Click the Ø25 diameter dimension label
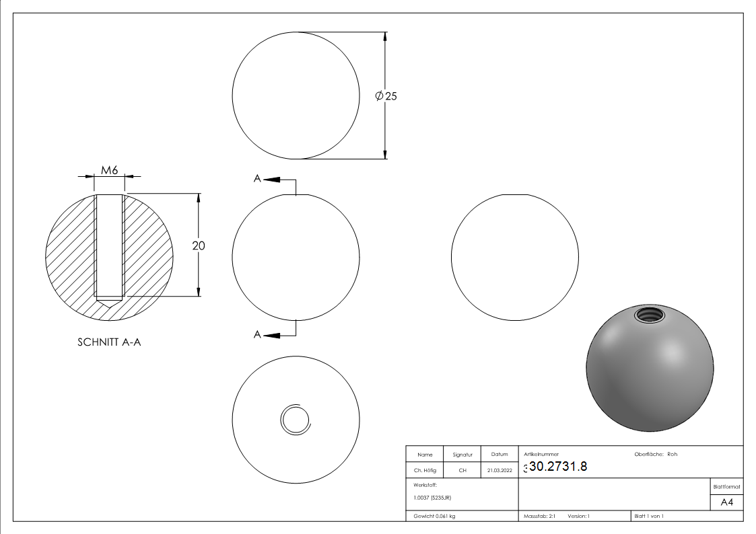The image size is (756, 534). (x=386, y=96)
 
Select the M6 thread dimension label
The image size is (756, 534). (x=110, y=170)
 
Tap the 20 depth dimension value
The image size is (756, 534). (x=199, y=246)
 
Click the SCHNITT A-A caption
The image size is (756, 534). (x=109, y=342)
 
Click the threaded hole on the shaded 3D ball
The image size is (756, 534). (x=647, y=314)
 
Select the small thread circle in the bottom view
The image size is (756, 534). (x=295, y=420)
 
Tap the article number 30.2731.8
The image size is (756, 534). (x=558, y=467)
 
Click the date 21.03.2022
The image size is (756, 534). (x=499, y=471)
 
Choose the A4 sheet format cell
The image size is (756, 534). (x=726, y=502)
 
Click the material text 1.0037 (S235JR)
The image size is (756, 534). (x=432, y=497)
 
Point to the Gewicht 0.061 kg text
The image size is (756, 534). (x=434, y=516)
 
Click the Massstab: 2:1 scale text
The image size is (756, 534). (x=539, y=516)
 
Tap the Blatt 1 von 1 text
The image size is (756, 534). (x=649, y=516)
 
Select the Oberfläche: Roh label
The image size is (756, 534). (x=656, y=454)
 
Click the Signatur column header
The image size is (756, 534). (x=462, y=455)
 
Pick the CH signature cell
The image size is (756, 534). (x=462, y=471)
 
